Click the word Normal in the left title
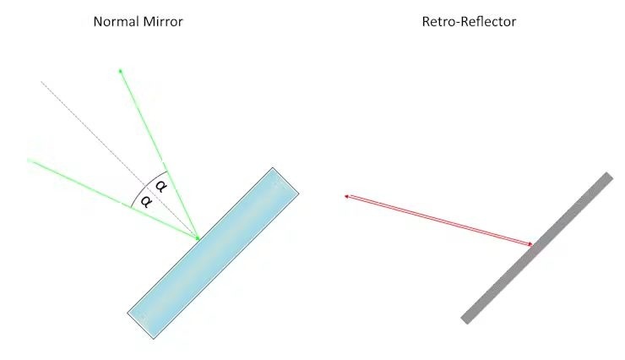(116, 21)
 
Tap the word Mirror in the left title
(163, 21)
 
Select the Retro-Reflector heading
(469, 21)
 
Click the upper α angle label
(160, 186)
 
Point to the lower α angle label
(146, 201)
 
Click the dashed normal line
(120, 160)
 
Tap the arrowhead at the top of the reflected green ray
(121, 71)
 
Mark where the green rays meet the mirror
(198, 239)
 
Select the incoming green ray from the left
(113, 199)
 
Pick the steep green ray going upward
(160, 155)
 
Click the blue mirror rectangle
(213, 254)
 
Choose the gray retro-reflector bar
(537, 248)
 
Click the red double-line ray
(438, 220)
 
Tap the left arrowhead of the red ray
(347, 196)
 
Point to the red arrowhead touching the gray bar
(530, 244)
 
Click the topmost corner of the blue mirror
(273, 168)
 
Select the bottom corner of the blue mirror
(154, 339)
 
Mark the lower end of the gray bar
(465, 320)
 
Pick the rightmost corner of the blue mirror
(299, 194)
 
